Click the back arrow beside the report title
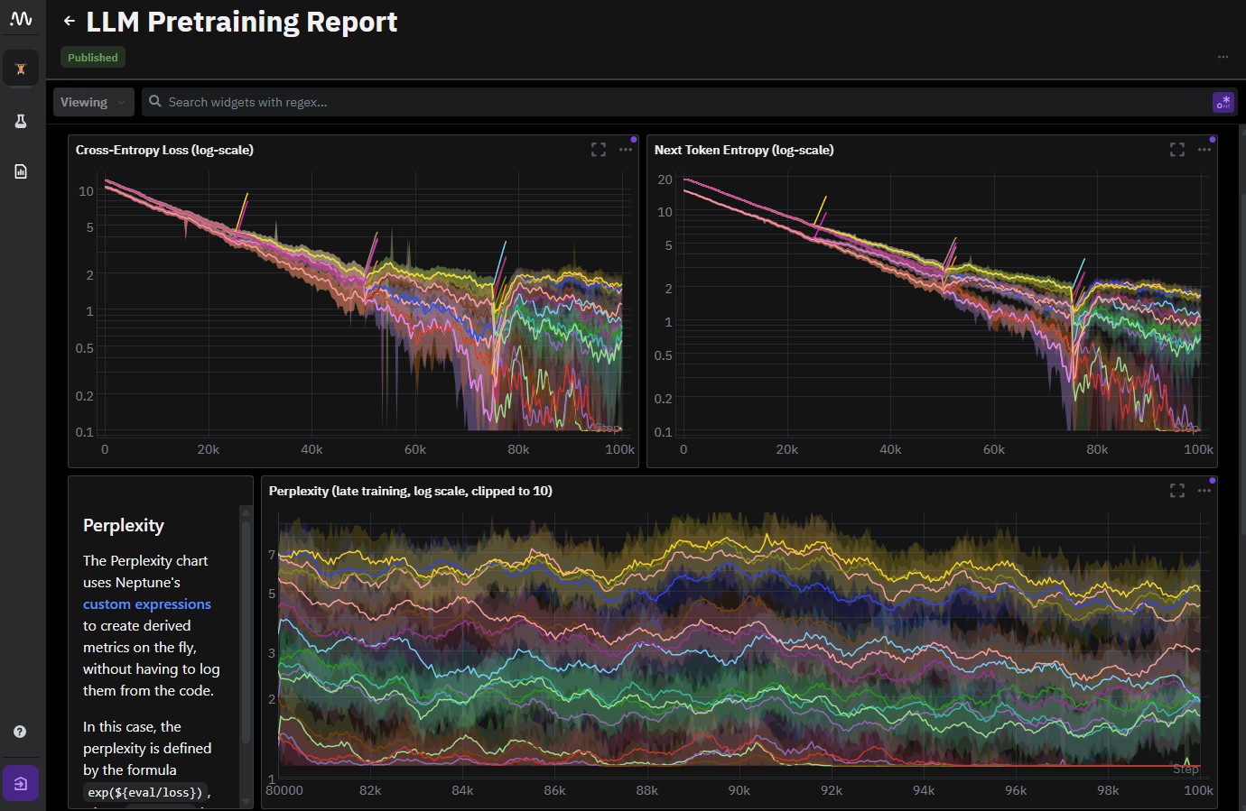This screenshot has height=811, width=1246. (x=70, y=21)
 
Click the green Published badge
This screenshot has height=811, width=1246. (x=93, y=57)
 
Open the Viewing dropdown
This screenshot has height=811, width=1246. (x=93, y=102)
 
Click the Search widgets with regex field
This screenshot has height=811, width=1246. (x=632, y=102)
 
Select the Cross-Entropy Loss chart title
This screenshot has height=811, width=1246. (x=164, y=150)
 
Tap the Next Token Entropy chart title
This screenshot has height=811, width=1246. (x=744, y=150)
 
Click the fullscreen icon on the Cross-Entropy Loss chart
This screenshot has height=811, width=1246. (x=599, y=150)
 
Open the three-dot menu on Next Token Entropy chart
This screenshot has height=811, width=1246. (x=1204, y=150)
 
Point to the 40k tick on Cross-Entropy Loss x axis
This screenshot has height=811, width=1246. (x=311, y=449)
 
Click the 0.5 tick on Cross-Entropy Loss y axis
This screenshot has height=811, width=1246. (x=84, y=348)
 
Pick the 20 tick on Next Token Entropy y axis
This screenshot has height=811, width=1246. (x=665, y=180)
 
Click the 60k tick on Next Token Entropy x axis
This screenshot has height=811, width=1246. (x=993, y=449)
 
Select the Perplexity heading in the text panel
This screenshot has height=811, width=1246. (x=124, y=525)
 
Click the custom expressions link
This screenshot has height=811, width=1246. (x=147, y=604)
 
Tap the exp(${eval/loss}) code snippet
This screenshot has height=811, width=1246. (x=145, y=792)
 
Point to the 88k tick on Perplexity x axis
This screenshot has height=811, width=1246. (x=646, y=790)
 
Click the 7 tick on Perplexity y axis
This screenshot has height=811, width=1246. (x=272, y=555)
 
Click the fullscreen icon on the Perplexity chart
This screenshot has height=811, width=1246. (x=1177, y=491)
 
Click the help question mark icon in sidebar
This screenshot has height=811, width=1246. (x=20, y=732)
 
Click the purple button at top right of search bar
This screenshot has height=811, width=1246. (x=1223, y=102)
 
